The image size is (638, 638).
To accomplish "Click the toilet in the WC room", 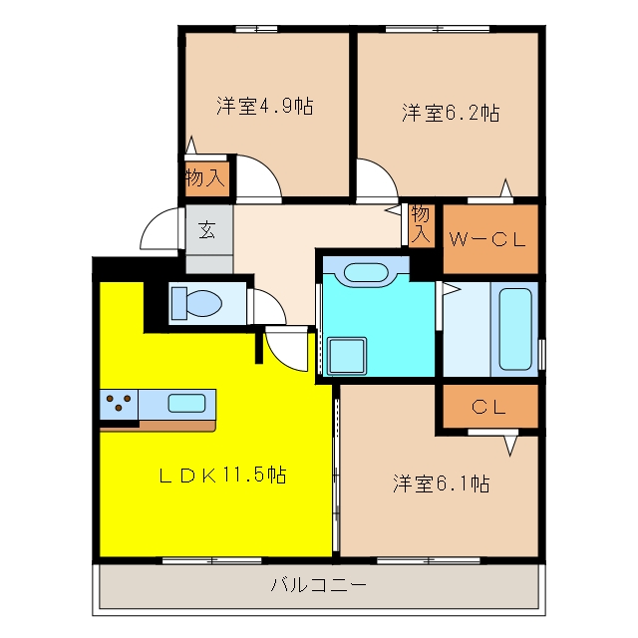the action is [197, 303].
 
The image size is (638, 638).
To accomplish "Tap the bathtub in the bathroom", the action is [515, 329].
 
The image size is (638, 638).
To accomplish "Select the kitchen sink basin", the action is [186, 403].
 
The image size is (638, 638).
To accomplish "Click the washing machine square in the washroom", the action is [347, 356].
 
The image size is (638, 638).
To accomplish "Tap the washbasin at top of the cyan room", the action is [366, 272].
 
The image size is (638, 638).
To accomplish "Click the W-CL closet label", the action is [487, 239].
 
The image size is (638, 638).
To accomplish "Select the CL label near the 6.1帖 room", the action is [489, 407].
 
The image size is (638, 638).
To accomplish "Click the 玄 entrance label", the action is [207, 230].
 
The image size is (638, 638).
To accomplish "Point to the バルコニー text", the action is [319, 585].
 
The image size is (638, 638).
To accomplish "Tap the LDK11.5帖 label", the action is [222, 475].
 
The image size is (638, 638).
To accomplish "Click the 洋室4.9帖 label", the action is [265, 107].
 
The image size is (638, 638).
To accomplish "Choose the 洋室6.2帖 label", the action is [451, 113].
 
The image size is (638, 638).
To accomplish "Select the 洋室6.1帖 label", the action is [441, 483].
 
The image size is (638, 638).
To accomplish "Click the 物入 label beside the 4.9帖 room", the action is [205, 177].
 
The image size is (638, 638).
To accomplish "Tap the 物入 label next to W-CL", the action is [420, 224].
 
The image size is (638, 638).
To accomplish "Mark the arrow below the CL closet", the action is [510, 446].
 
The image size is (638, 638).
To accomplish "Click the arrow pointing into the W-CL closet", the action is [505, 188].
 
